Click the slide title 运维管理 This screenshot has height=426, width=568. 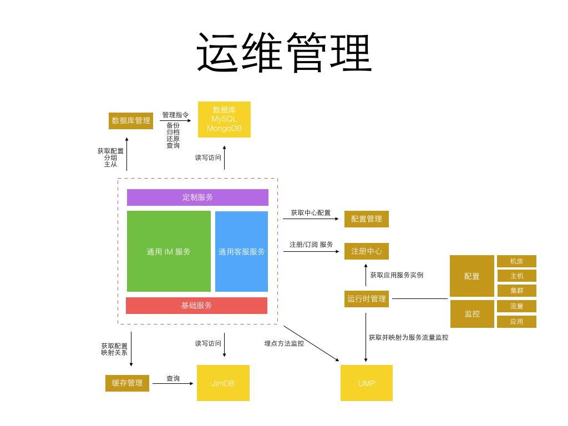click(x=284, y=53)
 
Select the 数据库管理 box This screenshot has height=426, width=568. click(x=131, y=120)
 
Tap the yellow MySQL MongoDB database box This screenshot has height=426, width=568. click(x=224, y=119)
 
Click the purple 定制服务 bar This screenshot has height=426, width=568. click(x=197, y=197)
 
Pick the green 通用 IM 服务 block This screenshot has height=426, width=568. click(x=169, y=251)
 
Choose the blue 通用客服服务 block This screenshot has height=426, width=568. click(x=241, y=251)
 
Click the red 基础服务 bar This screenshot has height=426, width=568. click(x=196, y=306)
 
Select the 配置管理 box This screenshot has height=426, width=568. click(x=367, y=219)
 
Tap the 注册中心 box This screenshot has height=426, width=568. click(x=367, y=251)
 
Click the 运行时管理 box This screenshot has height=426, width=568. click(x=367, y=299)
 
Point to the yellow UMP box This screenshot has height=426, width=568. click(x=367, y=383)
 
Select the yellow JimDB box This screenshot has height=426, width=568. click(x=223, y=383)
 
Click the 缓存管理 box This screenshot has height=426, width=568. click(x=127, y=383)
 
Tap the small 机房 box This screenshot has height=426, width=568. click(x=516, y=261)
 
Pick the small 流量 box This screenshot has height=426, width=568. click(x=516, y=306)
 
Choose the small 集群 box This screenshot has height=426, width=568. click(x=516, y=291)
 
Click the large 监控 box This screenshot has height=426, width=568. click(x=472, y=314)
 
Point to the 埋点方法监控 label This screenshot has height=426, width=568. click(x=284, y=343)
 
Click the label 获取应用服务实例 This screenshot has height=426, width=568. click(x=397, y=275)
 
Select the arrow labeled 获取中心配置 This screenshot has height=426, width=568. click(x=311, y=219)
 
